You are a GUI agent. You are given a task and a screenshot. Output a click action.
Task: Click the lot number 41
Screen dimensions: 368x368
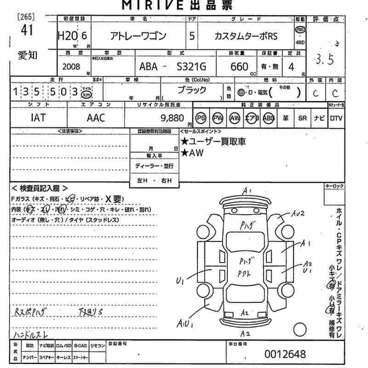(27, 31)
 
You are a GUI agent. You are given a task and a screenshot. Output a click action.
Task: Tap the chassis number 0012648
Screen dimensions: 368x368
(285, 354)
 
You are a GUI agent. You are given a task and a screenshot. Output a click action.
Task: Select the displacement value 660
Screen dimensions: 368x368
(239, 67)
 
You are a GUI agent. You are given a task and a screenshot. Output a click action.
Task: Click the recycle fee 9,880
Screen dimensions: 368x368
(173, 118)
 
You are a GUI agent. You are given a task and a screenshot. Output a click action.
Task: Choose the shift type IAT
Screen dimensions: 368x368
(38, 118)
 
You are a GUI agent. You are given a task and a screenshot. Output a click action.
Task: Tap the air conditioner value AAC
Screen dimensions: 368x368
(96, 118)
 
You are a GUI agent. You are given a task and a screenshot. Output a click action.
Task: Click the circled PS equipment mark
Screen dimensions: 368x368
(201, 118)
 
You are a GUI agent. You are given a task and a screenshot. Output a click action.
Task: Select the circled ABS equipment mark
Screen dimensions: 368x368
(269, 118)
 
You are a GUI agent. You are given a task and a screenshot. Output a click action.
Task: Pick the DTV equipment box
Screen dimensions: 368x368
(336, 118)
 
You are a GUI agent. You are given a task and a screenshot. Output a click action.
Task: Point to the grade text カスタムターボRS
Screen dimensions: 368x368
(246, 36)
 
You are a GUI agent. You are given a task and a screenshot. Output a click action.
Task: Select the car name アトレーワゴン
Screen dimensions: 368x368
(138, 36)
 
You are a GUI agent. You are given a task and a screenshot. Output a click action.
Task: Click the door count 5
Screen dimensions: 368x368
(191, 36)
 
